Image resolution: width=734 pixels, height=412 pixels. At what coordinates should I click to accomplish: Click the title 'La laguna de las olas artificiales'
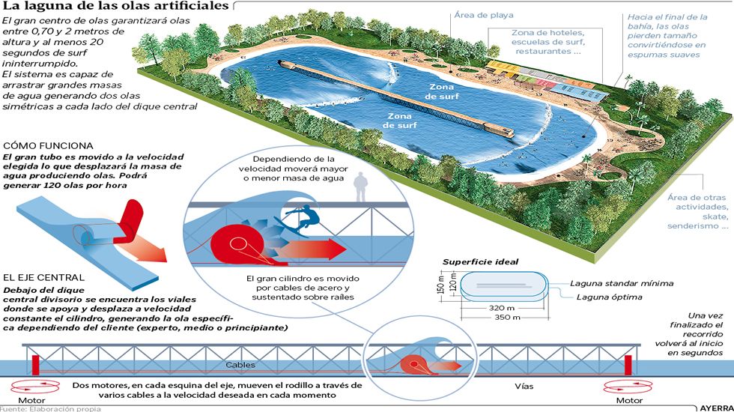point(115,6)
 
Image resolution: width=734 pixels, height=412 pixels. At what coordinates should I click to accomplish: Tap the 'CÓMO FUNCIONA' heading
point(48,145)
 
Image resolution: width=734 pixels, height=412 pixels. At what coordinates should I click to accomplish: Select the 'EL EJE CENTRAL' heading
point(43,278)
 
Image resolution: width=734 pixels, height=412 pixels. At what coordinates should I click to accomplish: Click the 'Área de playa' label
point(484,16)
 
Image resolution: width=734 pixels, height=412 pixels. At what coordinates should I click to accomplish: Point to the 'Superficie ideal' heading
point(481,261)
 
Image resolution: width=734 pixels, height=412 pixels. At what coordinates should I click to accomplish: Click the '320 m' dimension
point(501,308)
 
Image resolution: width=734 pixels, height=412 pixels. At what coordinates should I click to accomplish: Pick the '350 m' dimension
point(507,318)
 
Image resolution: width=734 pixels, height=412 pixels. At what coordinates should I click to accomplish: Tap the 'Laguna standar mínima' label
point(622,283)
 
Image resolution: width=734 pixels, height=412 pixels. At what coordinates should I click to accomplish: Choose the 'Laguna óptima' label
point(609,297)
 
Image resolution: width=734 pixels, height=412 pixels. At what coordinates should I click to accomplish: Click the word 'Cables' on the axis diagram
point(240,365)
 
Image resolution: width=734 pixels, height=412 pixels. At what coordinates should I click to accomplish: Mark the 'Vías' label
point(524,387)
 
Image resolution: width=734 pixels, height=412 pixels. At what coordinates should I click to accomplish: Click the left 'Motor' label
point(31,400)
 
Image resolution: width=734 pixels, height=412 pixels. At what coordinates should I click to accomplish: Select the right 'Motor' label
point(629,400)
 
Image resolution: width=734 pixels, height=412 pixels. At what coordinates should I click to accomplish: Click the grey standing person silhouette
point(360,187)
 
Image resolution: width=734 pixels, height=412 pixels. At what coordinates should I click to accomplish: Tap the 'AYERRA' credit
point(717,408)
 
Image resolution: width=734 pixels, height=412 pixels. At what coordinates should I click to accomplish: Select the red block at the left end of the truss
point(36,366)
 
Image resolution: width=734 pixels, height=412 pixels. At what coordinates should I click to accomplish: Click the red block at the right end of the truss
point(628,366)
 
